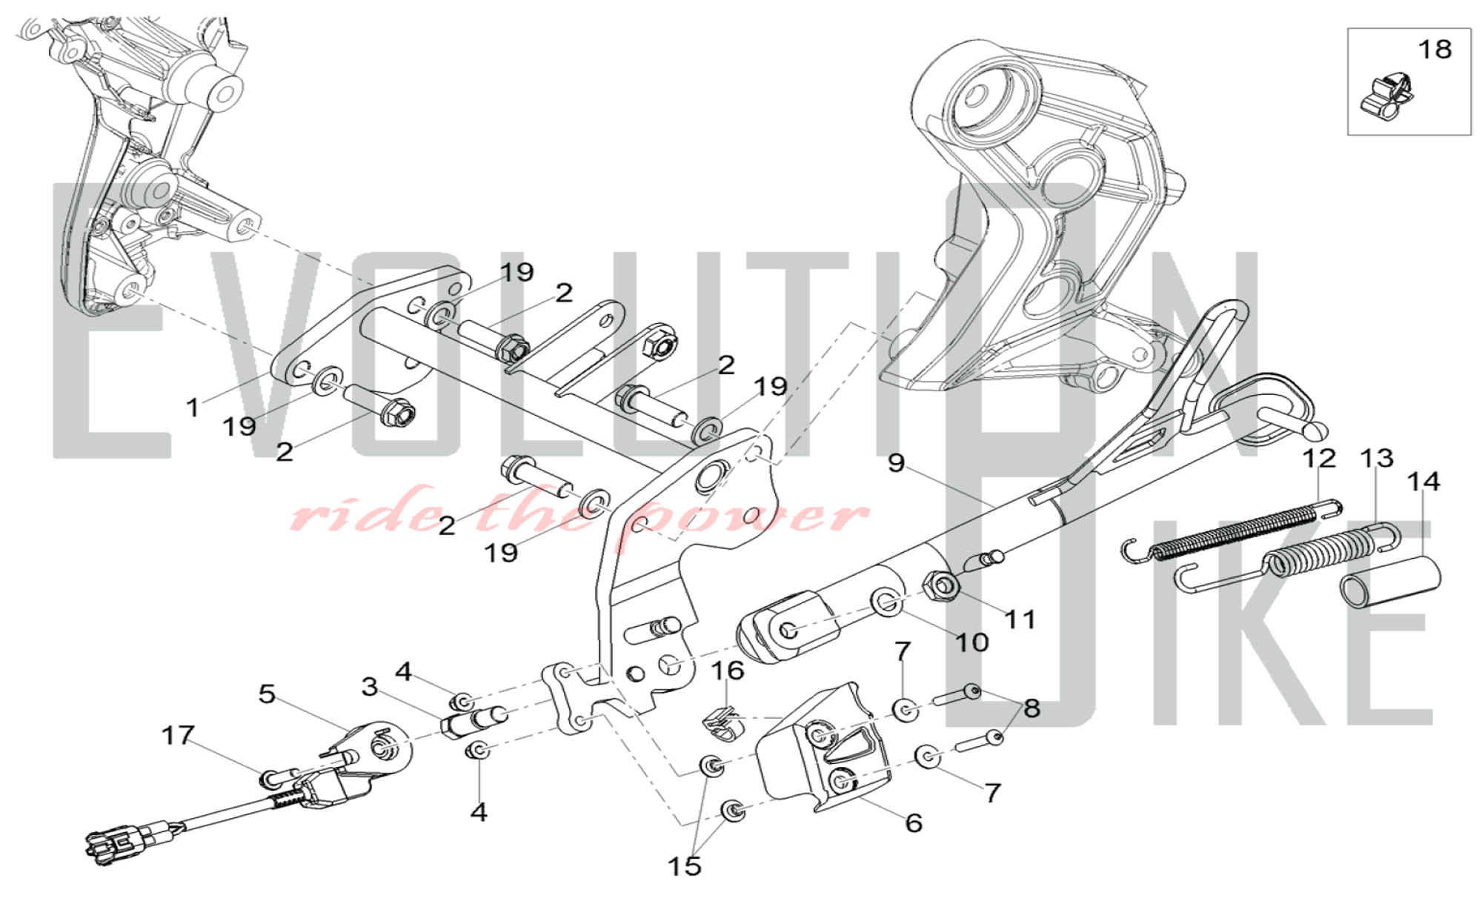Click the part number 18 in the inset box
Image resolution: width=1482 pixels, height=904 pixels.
click(x=1434, y=50)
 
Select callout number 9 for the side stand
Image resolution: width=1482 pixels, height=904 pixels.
click(x=897, y=463)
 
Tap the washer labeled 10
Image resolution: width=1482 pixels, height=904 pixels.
click(x=887, y=602)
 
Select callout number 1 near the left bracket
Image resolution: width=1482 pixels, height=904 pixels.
click(x=193, y=407)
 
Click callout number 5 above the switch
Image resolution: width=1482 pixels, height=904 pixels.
click(x=267, y=694)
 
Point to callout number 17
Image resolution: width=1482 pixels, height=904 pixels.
click(x=178, y=735)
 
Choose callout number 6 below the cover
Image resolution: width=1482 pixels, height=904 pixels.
click(x=914, y=822)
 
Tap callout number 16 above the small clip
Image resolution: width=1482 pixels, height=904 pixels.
click(x=727, y=671)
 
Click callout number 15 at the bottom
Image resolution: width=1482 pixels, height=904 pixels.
click(x=684, y=865)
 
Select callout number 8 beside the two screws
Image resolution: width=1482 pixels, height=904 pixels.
click(x=1031, y=708)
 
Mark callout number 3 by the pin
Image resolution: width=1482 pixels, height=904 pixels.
click(x=370, y=687)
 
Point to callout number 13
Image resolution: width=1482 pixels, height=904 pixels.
click(x=1376, y=459)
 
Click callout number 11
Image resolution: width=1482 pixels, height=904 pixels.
click(x=1020, y=619)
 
